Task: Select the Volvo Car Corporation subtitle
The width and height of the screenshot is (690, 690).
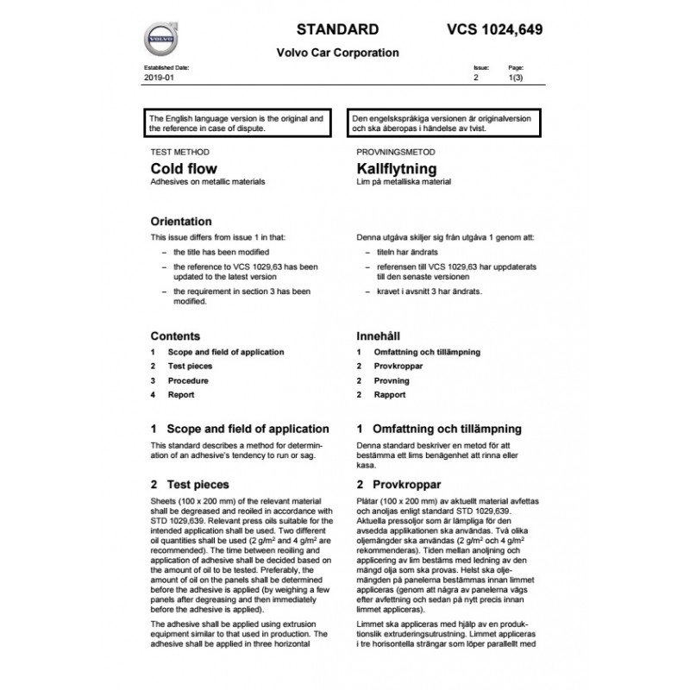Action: [337, 53]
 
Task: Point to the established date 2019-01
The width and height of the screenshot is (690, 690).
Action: [157, 78]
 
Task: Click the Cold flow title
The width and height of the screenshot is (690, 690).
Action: [184, 168]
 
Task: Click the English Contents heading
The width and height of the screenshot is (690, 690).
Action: [175, 336]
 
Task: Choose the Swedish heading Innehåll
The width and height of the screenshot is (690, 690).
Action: [381, 336]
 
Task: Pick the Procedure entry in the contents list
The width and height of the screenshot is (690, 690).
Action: [187, 380]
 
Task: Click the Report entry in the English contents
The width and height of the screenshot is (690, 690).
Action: [180, 395]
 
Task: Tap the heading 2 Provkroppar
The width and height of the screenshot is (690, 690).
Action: [398, 485]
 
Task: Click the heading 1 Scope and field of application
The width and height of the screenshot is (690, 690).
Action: [240, 429]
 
